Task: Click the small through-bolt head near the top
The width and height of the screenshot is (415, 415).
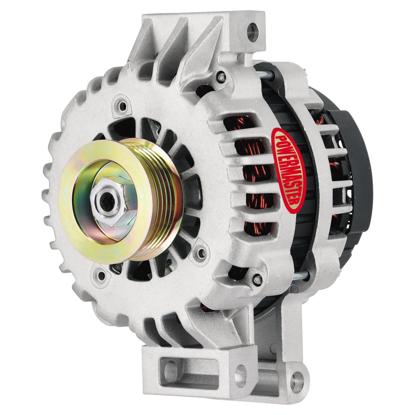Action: (x=221, y=77)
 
